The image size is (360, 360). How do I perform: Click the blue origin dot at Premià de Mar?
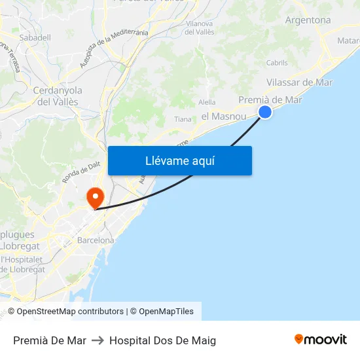(x=265, y=112)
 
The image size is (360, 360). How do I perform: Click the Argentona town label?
(x=308, y=20)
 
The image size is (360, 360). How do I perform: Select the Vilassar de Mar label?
(x=300, y=82)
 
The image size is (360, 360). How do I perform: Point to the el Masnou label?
(x=224, y=116)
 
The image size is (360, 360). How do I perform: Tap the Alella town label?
(x=207, y=102)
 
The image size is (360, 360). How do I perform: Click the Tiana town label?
(x=183, y=119)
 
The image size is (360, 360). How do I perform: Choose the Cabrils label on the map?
(x=277, y=63)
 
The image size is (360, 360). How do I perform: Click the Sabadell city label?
(x=35, y=38)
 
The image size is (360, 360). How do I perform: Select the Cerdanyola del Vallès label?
(x=57, y=96)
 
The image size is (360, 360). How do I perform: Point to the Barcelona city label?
(x=96, y=240)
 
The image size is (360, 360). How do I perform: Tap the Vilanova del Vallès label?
(x=200, y=27)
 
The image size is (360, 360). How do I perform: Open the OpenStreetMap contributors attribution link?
(x=70, y=312)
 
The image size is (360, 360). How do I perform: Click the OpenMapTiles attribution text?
(x=166, y=312)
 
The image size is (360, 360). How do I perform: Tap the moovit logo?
(x=321, y=340)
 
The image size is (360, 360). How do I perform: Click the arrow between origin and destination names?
(x=98, y=340)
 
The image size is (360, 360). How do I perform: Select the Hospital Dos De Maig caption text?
(x=162, y=340)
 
